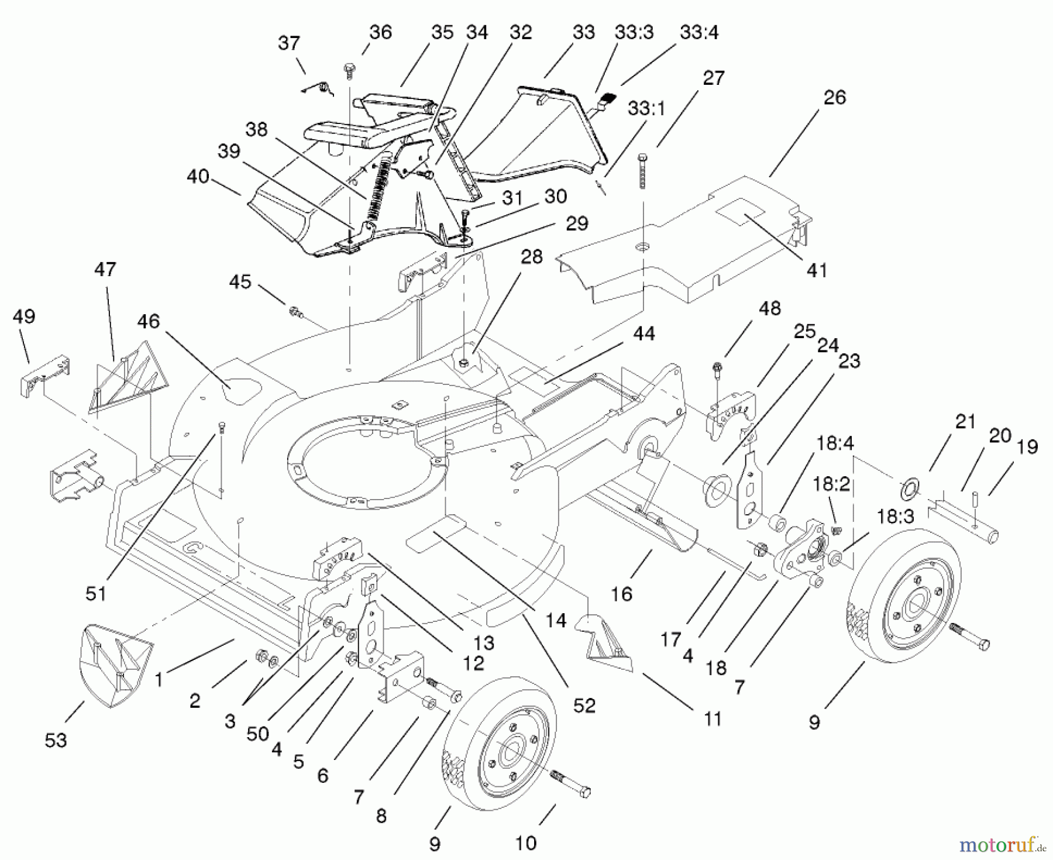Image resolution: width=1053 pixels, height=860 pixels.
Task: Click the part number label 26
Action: click(x=834, y=98)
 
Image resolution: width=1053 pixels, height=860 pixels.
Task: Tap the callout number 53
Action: click(x=56, y=740)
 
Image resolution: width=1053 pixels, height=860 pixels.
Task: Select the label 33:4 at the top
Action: click(x=699, y=33)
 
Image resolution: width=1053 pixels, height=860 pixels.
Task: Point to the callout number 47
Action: click(x=105, y=270)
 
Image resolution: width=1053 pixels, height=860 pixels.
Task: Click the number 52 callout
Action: click(x=584, y=706)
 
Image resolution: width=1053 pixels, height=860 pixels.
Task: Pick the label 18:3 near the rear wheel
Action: click(x=894, y=517)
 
